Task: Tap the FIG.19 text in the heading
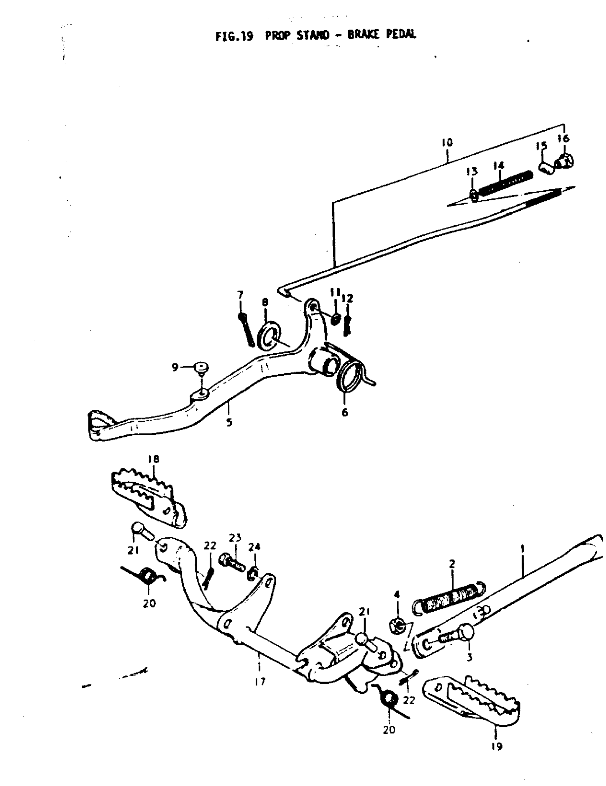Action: point(234,36)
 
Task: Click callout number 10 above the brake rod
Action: point(447,143)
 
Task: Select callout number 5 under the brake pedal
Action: point(229,422)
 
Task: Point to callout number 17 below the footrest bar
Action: point(260,681)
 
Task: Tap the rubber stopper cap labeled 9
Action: point(201,368)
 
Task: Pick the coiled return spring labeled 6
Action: point(350,376)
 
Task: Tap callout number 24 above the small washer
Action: point(254,547)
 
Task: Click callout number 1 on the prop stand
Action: point(522,549)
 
